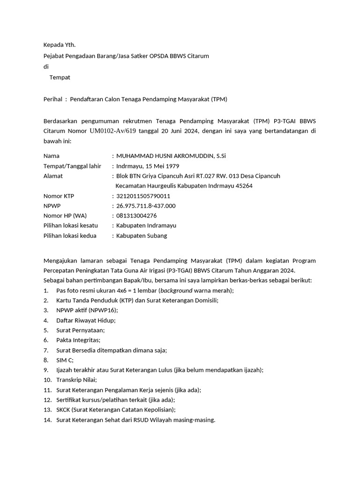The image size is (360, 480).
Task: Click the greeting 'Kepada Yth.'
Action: (x=59, y=45)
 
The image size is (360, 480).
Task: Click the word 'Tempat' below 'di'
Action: (x=60, y=77)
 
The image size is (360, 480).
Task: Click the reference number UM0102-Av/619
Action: (x=112, y=131)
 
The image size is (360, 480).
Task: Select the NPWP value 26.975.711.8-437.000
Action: (x=146, y=206)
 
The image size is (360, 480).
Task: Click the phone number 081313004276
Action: (x=136, y=216)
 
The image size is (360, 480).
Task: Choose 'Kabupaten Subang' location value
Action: (x=141, y=236)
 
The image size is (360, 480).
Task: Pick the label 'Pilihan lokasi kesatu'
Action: (x=71, y=225)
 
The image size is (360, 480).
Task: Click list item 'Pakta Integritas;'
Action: (x=78, y=340)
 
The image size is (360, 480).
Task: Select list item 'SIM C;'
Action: (x=65, y=360)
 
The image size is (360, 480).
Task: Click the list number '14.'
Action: (x=47, y=420)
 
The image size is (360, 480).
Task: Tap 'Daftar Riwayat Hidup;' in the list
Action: (x=86, y=320)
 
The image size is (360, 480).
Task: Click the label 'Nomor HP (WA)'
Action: (x=62, y=216)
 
